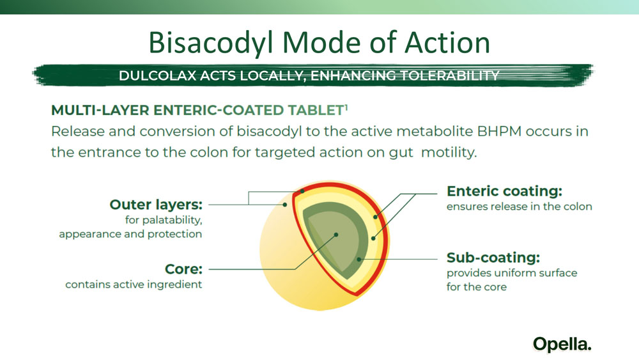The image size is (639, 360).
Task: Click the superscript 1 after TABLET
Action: coord(346,107)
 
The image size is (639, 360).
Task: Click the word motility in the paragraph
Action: coord(449,152)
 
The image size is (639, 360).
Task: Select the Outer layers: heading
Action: coord(156,205)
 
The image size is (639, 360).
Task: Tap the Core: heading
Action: coord(183,269)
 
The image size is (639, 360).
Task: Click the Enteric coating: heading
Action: coord(505,191)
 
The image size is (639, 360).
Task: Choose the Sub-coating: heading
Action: coord(493,258)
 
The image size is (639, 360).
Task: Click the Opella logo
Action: coord(562,345)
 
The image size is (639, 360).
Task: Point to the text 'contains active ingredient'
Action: coord(134,285)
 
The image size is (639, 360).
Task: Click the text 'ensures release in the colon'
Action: coord(519,207)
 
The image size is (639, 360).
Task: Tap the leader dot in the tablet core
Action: coord(336,235)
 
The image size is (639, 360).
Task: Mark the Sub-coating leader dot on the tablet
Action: coord(358,260)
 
